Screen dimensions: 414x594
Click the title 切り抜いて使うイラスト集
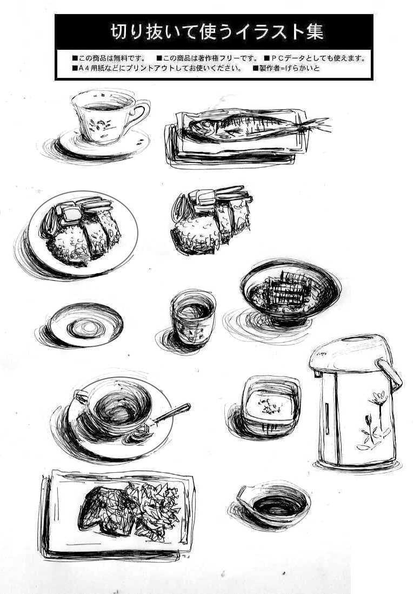click(217, 32)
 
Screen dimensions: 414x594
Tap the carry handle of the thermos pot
click(390, 375)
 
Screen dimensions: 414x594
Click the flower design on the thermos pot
click(375, 420)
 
